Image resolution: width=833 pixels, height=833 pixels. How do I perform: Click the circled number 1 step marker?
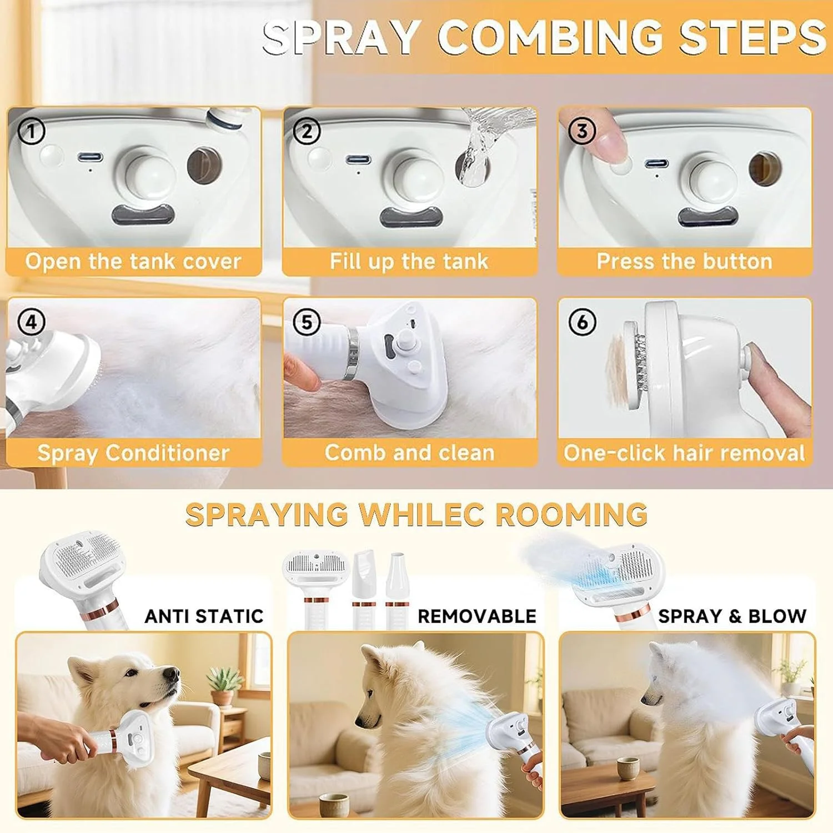point(31,132)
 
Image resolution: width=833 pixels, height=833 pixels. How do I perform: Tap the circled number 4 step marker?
point(31,322)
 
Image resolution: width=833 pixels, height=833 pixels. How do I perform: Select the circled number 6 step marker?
point(583,322)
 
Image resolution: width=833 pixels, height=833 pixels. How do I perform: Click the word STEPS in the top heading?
point(752,37)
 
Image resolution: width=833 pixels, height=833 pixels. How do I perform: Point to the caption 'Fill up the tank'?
point(409,261)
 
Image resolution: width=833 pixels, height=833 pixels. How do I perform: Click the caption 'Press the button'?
point(684,261)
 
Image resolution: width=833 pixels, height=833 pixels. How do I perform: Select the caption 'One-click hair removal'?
point(684,453)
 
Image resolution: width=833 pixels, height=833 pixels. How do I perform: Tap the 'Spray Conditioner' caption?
point(133,453)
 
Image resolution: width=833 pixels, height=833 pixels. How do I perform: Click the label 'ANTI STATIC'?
point(204,616)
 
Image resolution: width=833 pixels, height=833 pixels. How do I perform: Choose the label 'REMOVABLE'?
point(477,616)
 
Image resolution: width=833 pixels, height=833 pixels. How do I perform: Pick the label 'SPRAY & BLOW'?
point(732,616)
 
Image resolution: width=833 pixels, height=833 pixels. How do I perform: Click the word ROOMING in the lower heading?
point(571,514)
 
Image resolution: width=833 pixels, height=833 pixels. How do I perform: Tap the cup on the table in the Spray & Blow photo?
point(628,769)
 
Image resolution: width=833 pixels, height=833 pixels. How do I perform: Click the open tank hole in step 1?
point(205,165)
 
